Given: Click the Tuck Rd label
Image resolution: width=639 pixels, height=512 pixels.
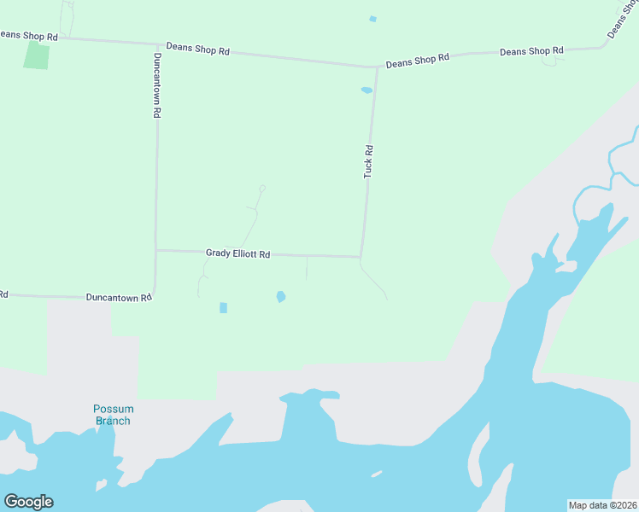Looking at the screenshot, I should [x=369, y=161].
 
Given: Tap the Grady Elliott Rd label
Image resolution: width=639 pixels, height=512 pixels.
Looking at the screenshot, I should [x=237, y=253].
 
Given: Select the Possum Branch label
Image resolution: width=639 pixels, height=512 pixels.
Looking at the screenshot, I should [x=113, y=415].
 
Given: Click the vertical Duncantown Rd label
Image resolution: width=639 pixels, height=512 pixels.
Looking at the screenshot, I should [x=157, y=84].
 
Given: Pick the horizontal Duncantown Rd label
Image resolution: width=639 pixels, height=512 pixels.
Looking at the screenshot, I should [x=119, y=297].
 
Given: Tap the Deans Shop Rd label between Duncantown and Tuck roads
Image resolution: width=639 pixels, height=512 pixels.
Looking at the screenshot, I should [x=198, y=50].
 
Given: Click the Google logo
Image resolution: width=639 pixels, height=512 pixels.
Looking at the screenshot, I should [x=28, y=502].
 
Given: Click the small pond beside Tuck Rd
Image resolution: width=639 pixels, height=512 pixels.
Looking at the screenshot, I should [x=366, y=90].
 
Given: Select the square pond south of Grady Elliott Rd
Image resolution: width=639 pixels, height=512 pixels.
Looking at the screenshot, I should [x=223, y=307].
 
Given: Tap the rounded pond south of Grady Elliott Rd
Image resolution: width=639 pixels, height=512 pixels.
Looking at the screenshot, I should [x=280, y=297].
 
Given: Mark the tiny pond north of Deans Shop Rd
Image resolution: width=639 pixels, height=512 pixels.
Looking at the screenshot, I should [x=372, y=19].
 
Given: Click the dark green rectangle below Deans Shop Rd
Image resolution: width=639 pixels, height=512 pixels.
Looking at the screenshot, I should [x=37, y=55].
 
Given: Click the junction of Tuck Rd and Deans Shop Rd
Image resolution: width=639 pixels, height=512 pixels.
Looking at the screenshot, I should [x=376, y=67].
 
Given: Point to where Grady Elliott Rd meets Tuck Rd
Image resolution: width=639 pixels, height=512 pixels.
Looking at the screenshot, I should [x=361, y=256].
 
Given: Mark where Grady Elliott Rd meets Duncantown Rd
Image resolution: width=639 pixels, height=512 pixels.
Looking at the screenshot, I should [x=156, y=250].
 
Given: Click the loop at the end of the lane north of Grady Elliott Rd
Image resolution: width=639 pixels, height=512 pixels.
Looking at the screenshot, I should [x=262, y=188].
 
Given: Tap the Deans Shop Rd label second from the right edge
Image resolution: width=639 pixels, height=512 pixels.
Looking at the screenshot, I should [x=531, y=51].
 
